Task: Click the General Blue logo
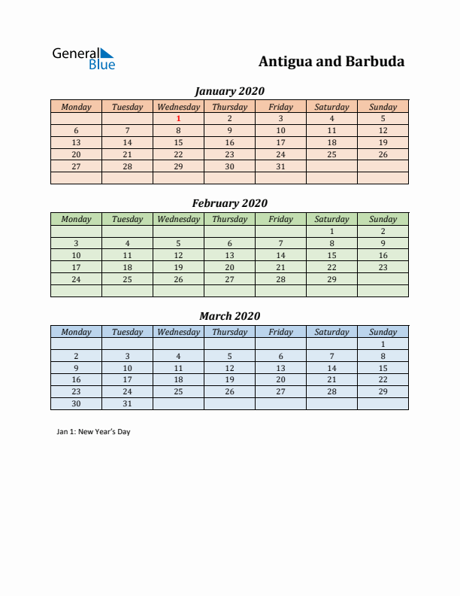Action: pos(83,59)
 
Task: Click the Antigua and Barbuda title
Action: pos(331,62)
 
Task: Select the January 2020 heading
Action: pos(229,91)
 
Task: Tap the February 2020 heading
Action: pos(229,203)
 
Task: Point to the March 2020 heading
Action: pos(229,316)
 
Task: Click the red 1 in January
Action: pos(178,118)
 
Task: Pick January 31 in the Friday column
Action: pos(280,166)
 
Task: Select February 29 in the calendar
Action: pos(331,279)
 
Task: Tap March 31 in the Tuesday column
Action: pos(127,403)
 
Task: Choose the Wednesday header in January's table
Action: pos(178,107)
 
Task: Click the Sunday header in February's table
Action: pos(383,219)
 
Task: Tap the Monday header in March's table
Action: pos(76,332)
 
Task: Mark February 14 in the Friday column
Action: pos(280,255)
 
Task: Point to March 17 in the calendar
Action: pos(127,379)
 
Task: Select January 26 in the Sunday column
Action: pos(383,154)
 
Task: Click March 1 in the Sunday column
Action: pos(383,344)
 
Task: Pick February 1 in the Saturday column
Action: pos(331,231)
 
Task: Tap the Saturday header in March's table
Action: pos(331,332)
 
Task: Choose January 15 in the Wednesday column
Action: pos(178,142)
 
